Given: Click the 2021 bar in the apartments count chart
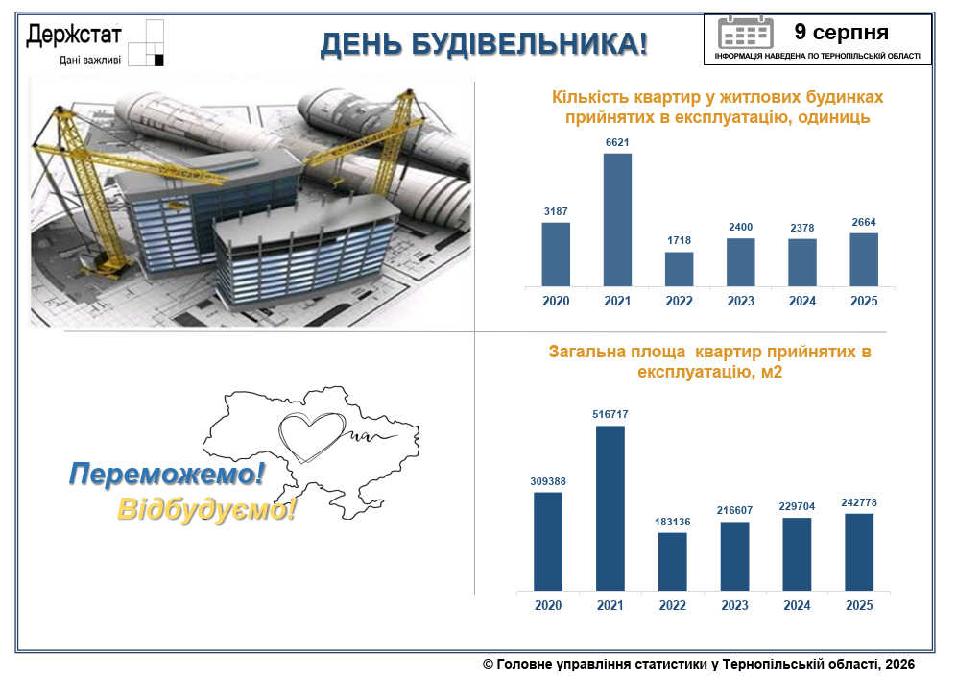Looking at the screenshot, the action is [x=617, y=220].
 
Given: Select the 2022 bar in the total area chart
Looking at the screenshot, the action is [x=673, y=562].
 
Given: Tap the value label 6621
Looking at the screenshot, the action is [x=617, y=142].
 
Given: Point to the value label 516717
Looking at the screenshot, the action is [x=610, y=414].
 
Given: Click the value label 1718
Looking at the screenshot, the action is [x=680, y=241].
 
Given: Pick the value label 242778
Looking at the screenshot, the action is [x=859, y=502].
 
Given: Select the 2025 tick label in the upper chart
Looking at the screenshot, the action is [x=864, y=302].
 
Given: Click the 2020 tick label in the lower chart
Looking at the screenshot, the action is [x=548, y=605].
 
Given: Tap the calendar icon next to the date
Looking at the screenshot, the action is [x=745, y=33].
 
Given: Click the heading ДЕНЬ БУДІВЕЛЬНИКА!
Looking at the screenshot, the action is [x=484, y=44].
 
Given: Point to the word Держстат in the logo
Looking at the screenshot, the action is [x=74, y=35].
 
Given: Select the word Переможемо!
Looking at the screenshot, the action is [x=167, y=475].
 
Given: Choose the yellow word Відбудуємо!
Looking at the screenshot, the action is [x=207, y=509].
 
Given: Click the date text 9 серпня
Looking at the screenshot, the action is [x=841, y=32].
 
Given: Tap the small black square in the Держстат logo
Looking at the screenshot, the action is [x=159, y=60].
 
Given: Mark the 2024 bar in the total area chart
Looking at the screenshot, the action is [x=797, y=554].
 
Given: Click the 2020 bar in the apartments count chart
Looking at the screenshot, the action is [x=556, y=255].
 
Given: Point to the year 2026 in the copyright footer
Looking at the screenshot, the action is [x=900, y=664].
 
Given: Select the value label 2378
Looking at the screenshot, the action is [x=801, y=228].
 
